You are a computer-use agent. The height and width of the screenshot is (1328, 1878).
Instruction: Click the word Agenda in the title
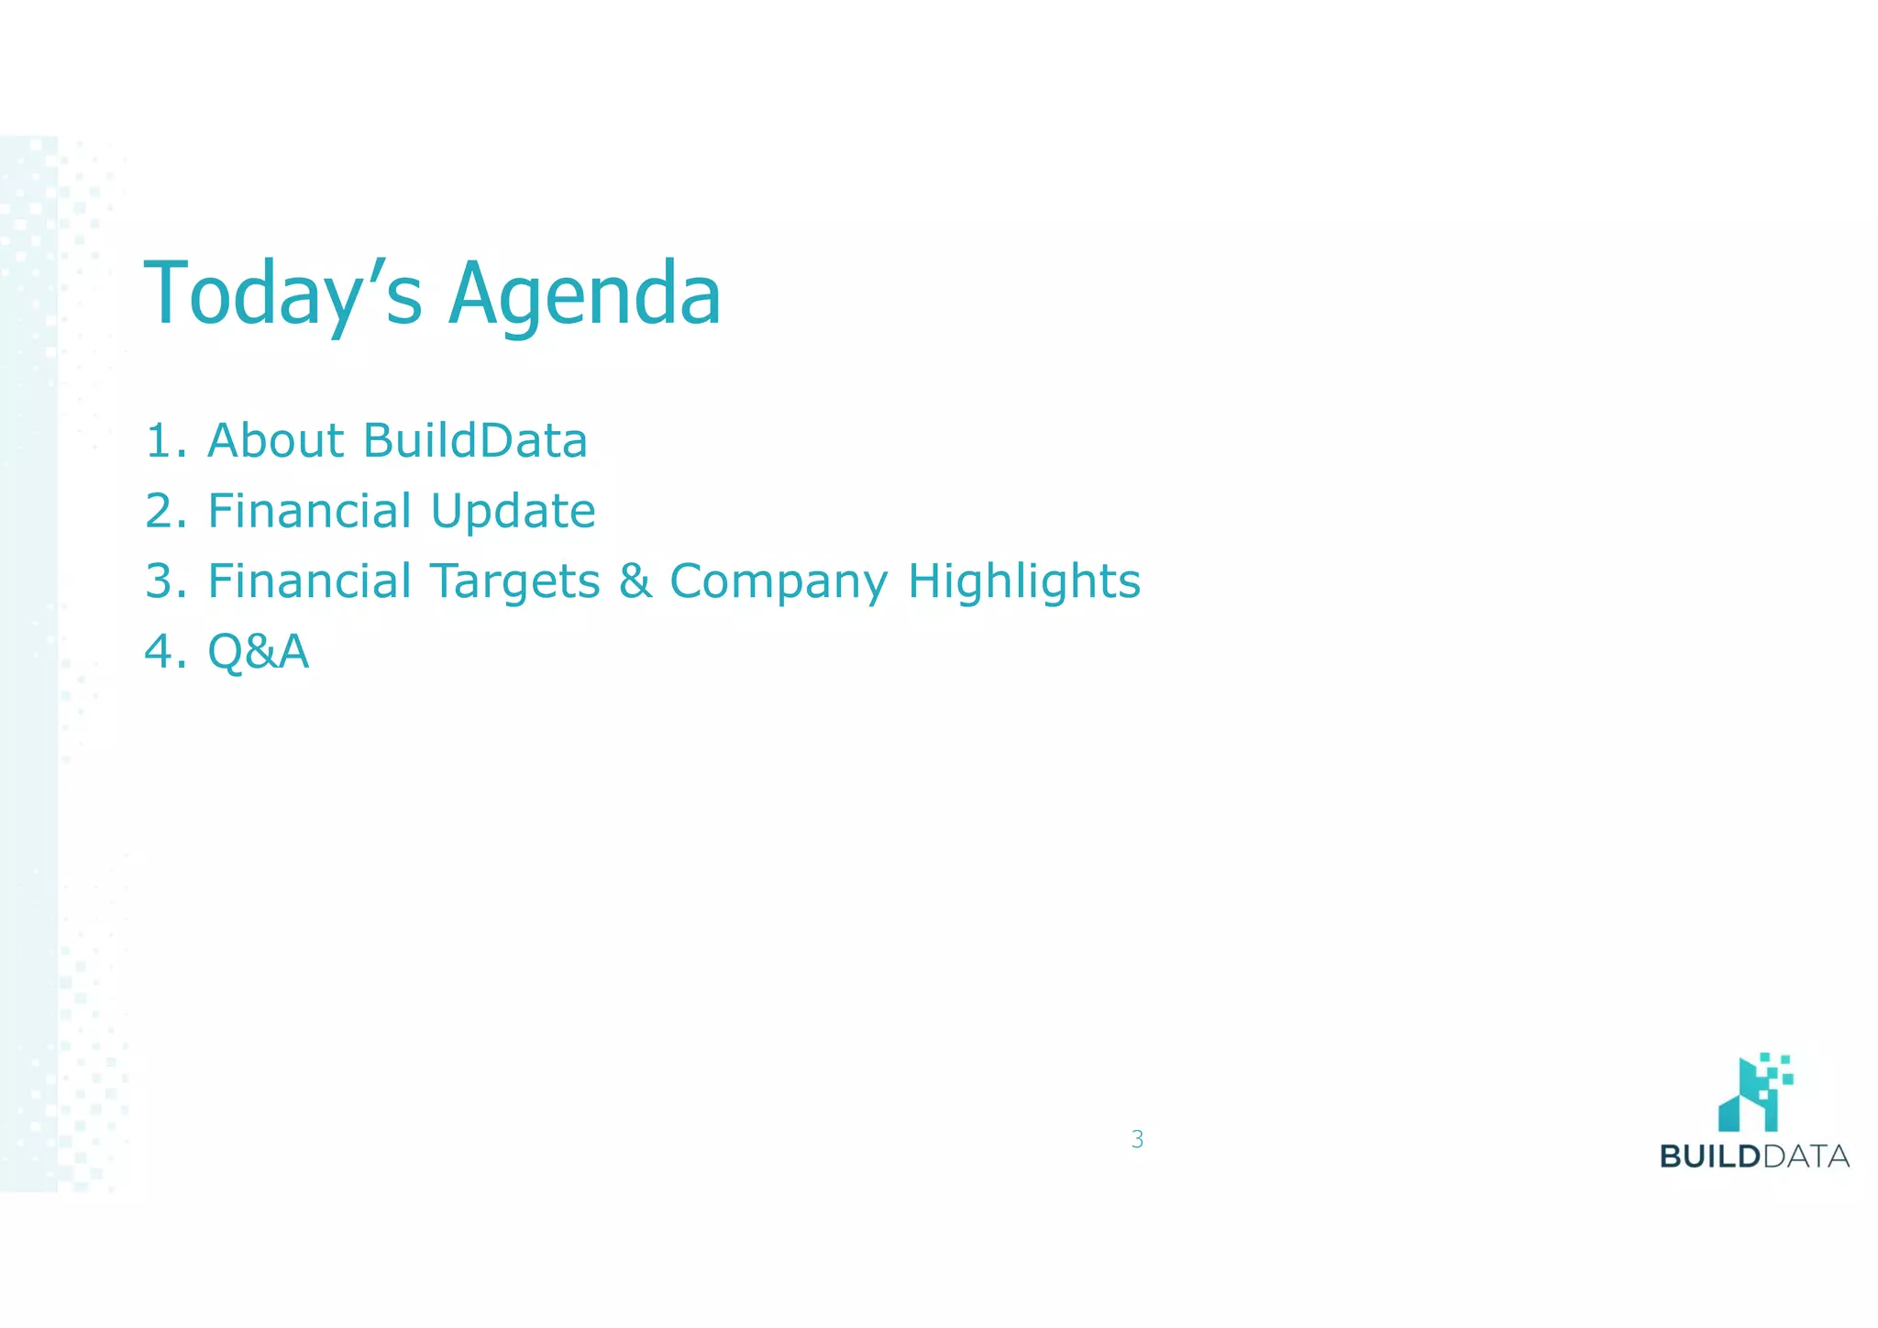pyautogui.click(x=584, y=295)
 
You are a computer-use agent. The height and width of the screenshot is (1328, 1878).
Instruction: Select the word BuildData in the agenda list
pyautogui.click(x=475, y=440)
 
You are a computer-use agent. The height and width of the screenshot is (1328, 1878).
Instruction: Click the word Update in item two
pyautogui.click(x=513, y=511)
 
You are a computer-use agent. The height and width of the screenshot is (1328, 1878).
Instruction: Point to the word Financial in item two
pyautogui.click(x=310, y=511)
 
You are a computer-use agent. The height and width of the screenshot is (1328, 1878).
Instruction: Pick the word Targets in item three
pyautogui.click(x=514, y=581)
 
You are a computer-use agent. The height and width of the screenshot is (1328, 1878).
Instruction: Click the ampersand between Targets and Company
pyautogui.click(x=635, y=581)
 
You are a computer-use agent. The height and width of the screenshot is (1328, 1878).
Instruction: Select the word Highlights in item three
pyautogui.click(x=1023, y=581)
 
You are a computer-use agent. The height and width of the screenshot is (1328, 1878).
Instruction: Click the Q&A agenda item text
pyautogui.click(x=259, y=652)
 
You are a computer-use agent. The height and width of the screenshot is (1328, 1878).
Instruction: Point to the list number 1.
pyautogui.click(x=166, y=440)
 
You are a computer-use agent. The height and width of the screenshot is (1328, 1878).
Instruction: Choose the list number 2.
pyautogui.click(x=166, y=511)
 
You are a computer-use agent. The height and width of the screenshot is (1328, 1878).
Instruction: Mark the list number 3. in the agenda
pyautogui.click(x=166, y=581)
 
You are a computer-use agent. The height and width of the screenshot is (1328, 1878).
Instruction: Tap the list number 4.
pyautogui.click(x=166, y=652)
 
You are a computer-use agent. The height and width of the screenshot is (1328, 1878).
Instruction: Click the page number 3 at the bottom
pyautogui.click(x=1137, y=1139)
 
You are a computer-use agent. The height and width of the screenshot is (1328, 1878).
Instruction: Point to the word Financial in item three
pyautogui.click(x=310, y=581)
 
